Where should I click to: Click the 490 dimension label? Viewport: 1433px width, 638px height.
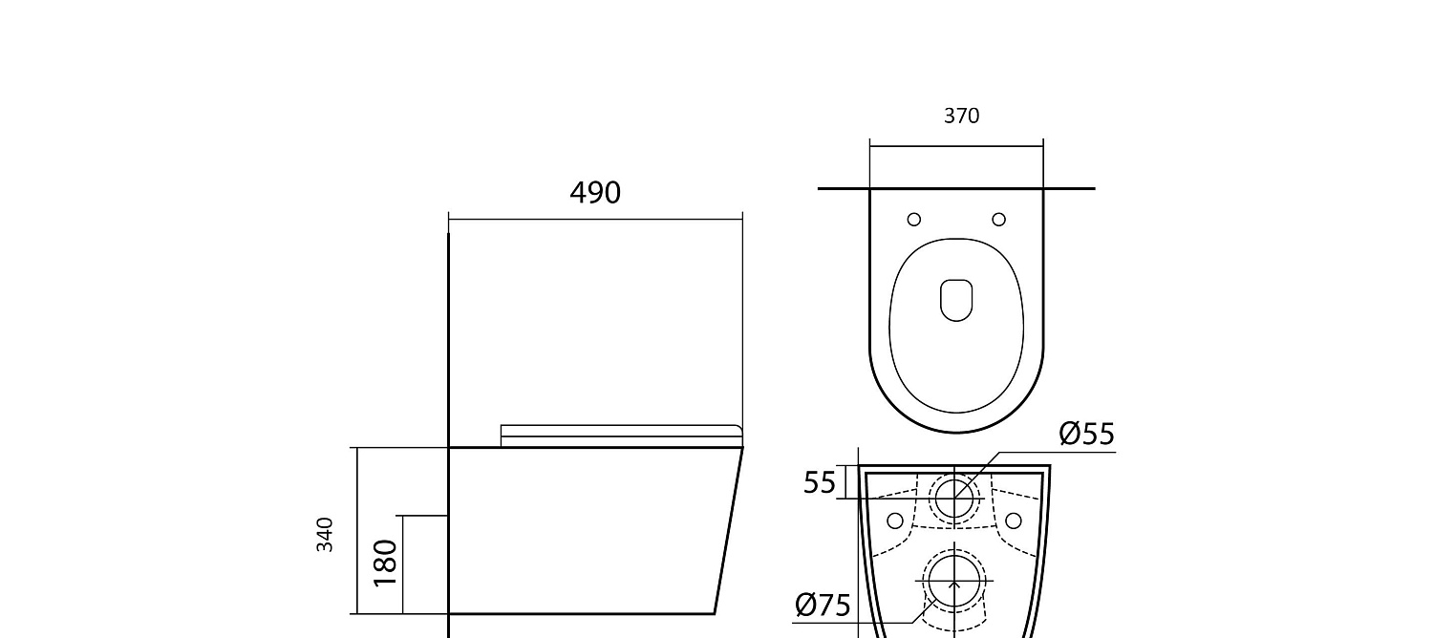[595, 192]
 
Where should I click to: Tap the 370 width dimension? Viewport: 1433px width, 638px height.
[961, 116]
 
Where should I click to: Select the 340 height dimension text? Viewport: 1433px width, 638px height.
[325, 535]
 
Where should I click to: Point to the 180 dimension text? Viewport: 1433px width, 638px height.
[385, 563]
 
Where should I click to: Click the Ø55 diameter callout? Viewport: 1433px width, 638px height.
[1087, 434]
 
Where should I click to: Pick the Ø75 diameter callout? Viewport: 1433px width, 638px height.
[823, 605]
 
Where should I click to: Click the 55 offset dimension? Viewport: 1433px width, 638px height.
[819, 482]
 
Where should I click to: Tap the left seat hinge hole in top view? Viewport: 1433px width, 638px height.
[914, 220]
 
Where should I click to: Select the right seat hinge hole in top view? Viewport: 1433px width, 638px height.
[998, 220]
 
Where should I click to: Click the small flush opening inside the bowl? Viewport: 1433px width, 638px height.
[956, 300]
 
